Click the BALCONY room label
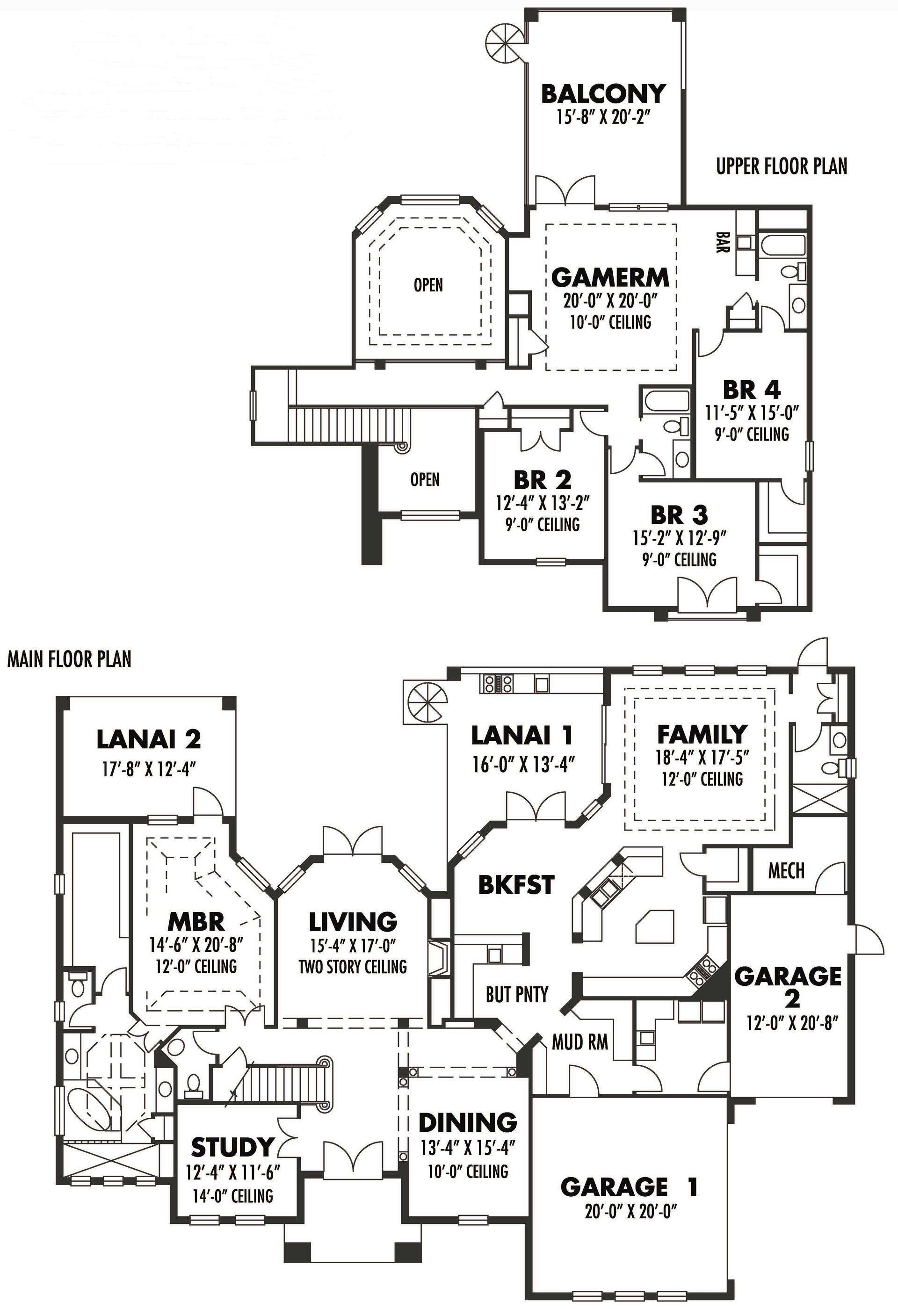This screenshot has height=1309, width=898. [x=603, y=94]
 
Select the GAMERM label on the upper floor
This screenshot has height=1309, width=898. [x=610, y=278]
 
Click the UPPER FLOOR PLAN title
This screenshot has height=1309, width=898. [x=782, y=166]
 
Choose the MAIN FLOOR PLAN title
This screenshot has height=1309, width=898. [x=69, y=659]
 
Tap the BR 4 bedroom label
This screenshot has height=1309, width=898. [x=752, y=390]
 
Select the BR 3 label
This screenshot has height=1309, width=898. [x=679, y=515]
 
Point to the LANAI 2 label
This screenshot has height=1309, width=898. [x=149, y=739]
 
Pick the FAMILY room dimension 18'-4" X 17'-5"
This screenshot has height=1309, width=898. [x=702, y=758]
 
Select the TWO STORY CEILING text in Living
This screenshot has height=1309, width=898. [x=353, y=967]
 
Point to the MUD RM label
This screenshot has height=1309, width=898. [x=579, y=1042]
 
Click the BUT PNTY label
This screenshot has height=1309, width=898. [x=517, y=995]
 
